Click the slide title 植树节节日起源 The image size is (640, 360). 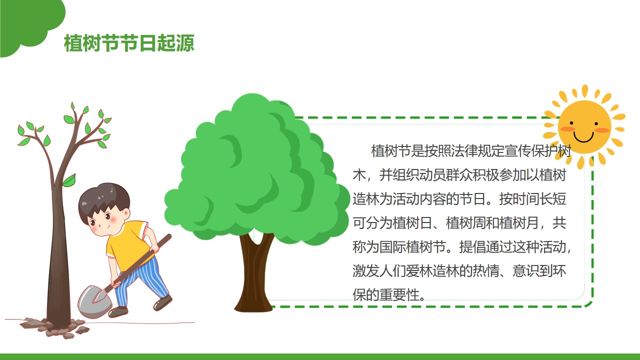point(129,43)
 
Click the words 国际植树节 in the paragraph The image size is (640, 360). point(412,247)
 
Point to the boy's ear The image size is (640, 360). point(126,213)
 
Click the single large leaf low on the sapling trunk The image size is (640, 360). point(69,180)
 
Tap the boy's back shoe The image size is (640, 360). point(162,302)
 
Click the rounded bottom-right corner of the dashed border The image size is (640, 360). point(588,303)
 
